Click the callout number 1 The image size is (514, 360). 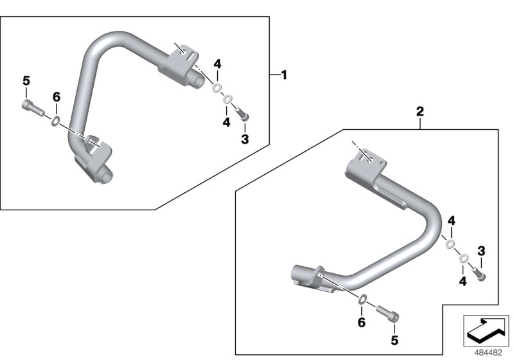284,75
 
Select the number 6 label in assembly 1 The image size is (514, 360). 56,97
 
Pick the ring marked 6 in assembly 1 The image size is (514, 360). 57,120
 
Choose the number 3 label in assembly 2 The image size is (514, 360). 481,250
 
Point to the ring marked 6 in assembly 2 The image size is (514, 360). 362,298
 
